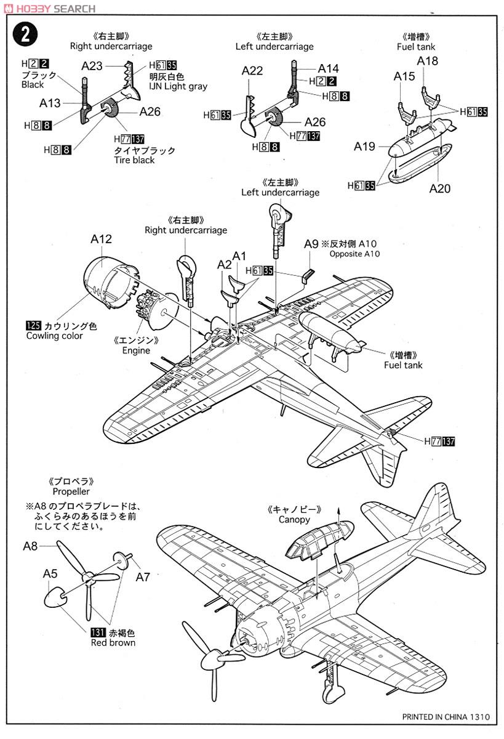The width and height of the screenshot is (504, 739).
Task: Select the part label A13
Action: (x=50, y=103)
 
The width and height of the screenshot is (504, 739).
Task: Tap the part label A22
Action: (x=252, y=71)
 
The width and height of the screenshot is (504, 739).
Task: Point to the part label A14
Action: (x=329, y=68)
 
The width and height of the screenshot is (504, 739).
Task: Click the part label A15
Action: (x=404, y=76)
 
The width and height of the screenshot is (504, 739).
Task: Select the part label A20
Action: (x=439, y=188)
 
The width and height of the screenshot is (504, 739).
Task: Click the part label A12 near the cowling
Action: (x=101, y=239)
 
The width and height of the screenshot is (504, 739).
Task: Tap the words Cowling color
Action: (x=55, y=336)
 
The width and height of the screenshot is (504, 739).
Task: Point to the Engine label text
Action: (x=136, y=350)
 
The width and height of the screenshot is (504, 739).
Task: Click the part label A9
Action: (x=311, y=243)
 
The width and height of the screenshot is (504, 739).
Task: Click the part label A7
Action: (x=143, y=577)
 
